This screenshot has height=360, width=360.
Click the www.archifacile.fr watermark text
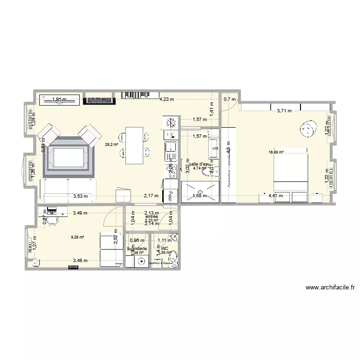330,288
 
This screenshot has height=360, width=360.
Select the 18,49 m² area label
276,153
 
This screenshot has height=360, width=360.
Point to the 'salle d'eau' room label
200,164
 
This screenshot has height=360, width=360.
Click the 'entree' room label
151,216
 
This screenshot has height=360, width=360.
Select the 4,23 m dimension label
167,100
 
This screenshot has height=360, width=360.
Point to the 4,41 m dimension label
276,195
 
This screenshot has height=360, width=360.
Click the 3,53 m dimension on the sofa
80,195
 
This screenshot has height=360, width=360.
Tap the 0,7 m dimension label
230,100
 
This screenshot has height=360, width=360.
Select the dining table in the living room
134,145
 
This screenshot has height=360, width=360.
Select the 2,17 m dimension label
151,195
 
